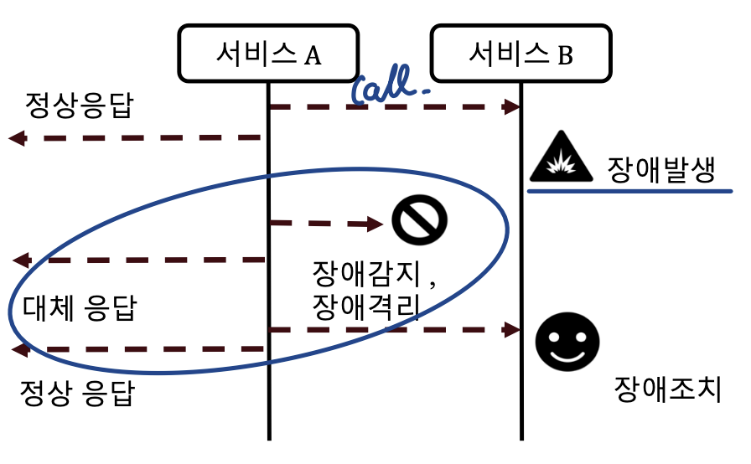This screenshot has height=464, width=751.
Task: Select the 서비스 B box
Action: pos(520,54)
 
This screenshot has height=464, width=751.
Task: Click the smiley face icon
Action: pos(568,340)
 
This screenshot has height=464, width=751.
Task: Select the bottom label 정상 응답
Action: pos(77,393)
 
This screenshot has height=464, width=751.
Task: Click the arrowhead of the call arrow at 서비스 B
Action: pos(512,107)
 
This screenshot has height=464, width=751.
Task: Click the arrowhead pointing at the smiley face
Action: pos(512,330)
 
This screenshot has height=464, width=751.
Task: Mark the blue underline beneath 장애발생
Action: pos(629,191)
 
